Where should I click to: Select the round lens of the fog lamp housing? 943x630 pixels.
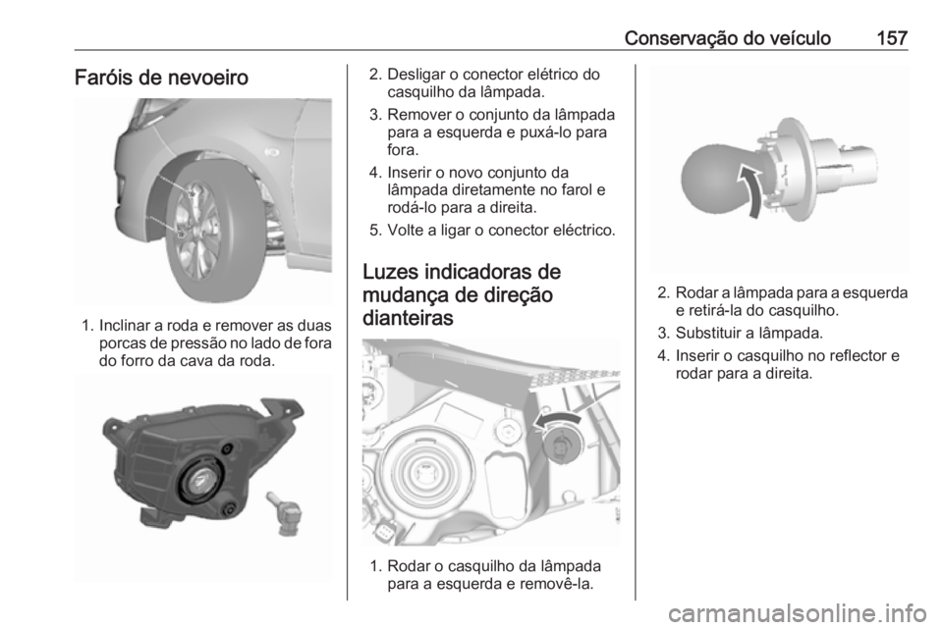(x=203, y=480)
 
